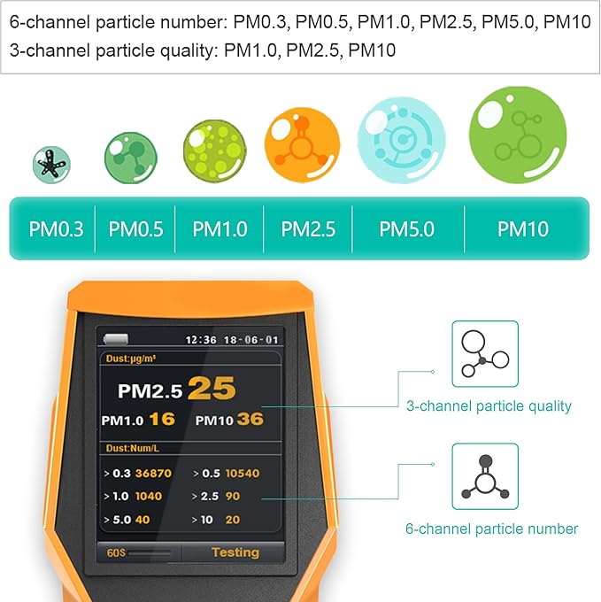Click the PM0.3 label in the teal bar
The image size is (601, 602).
[56, 229]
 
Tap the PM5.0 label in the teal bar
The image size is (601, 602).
[406, 229]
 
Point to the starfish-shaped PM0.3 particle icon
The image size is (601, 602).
[51, 162]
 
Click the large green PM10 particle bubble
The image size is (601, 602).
[517, 135]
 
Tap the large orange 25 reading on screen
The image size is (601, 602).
[212, 388]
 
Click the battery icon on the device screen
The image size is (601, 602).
[116, 338]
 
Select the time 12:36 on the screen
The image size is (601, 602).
[200, 339]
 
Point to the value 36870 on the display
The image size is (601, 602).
[153, 474]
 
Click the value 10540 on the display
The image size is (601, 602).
[242, 474]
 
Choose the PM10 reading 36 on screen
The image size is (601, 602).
[250, 419]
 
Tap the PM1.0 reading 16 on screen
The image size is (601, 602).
[162, 419]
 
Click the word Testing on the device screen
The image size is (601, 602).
[235, 552]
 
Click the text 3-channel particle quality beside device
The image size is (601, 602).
[489, 406]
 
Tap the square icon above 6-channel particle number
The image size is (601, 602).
[485, 476]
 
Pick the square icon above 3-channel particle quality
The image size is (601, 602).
[485, 354]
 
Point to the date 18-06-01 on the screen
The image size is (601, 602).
[252, 339]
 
